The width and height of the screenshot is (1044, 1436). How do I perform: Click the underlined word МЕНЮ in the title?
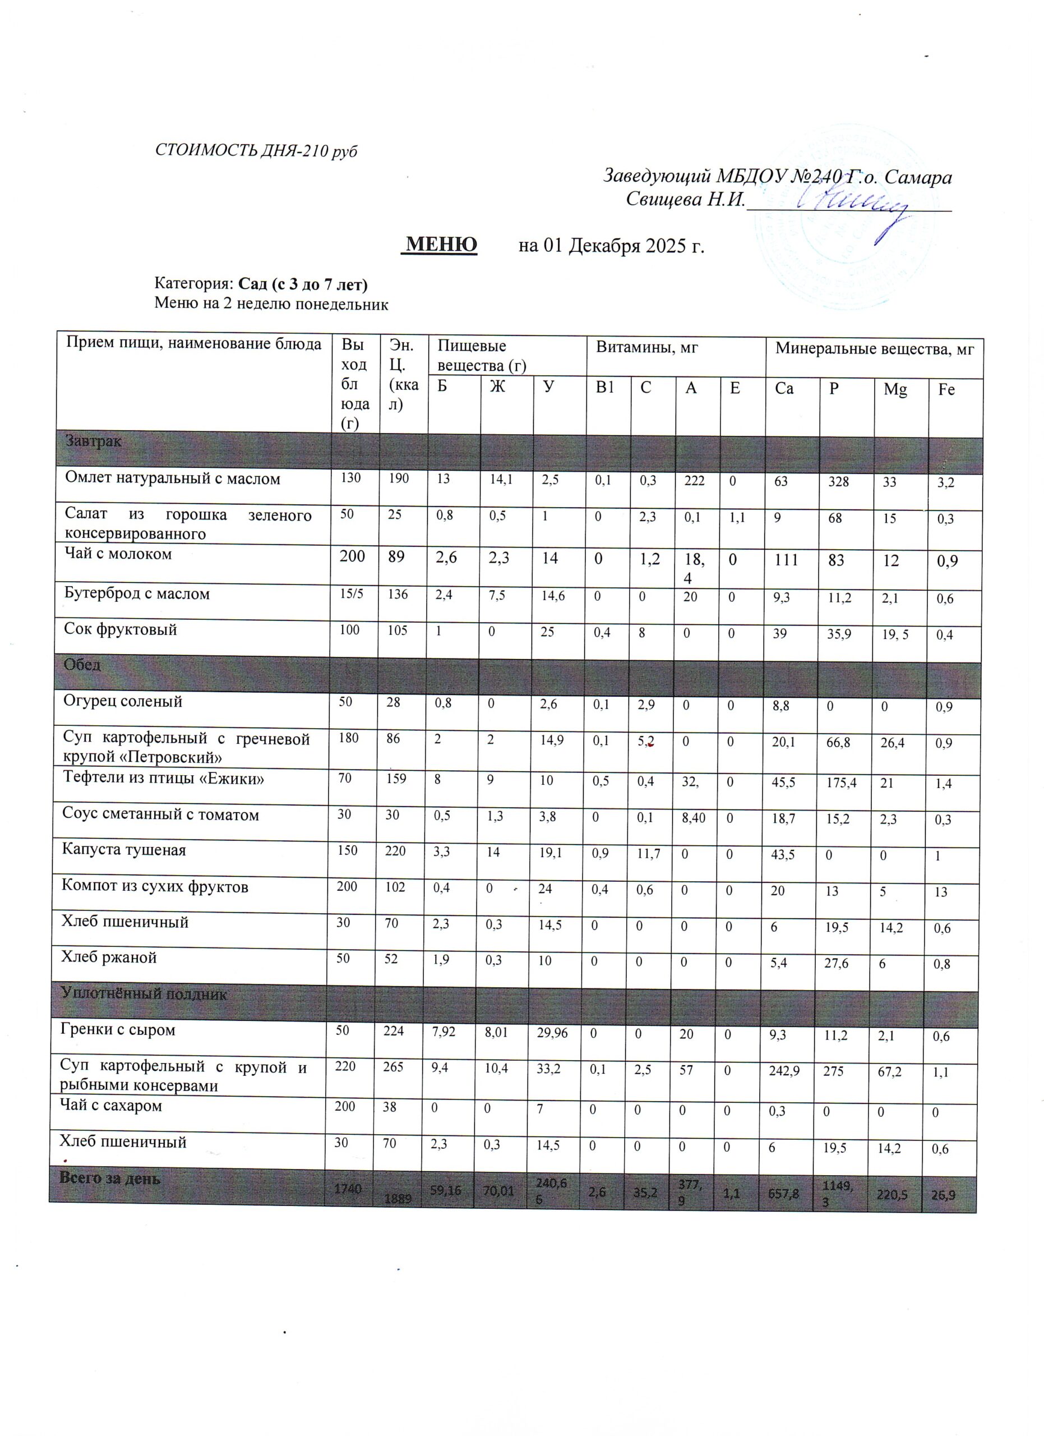441,245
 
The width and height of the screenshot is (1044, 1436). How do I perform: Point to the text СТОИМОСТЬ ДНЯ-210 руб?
256,151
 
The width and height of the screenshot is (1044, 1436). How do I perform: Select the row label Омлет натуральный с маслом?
173,478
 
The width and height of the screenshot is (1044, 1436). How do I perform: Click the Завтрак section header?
94,441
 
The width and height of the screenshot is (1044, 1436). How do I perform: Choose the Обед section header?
82,665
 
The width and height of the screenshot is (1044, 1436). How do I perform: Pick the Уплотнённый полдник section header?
144,993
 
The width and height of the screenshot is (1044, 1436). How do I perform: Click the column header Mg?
895,389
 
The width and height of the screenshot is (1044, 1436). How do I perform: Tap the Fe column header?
946,389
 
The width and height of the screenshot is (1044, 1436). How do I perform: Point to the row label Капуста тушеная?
124,850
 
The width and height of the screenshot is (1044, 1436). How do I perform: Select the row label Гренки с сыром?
118,1029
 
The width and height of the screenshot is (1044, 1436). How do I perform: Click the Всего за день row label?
109,1179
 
